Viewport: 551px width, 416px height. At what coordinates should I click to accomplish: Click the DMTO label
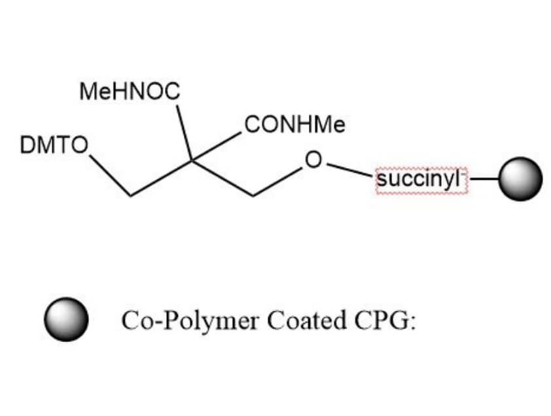[x=54, y=145]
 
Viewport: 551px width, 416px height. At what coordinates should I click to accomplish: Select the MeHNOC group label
[x=130, y=92]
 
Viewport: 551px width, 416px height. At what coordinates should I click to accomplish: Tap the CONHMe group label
[x=295, y=124]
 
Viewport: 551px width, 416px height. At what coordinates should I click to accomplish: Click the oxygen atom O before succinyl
[x=313, y=160]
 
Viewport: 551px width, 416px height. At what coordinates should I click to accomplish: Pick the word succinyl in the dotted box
[x=418, y=179]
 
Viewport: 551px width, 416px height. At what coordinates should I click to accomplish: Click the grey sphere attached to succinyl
[x=520, y=179]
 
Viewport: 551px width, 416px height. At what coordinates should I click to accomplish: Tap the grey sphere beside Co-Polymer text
[x=66, y=319]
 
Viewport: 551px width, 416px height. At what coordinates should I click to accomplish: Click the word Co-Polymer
[x=190, y=321]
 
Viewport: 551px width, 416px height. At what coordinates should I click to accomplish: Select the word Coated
[x=306, y=320]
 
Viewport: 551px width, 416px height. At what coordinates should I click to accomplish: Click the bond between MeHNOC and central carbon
[x=184, y=133]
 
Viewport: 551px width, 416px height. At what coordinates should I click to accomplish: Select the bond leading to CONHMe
[x=217, y=147]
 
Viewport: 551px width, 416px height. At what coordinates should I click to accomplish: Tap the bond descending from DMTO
[x=110, y=175]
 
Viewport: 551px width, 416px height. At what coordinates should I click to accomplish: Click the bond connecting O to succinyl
[x=349, y=169]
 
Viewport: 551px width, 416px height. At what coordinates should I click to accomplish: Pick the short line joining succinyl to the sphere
[x=484, y=179]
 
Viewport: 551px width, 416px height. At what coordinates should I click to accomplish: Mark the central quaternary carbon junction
[x=192, y=160]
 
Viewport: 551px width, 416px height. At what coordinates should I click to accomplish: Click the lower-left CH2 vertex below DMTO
[x=130, y=196]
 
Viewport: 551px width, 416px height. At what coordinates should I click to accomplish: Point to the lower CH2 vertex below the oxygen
[x=253, y=196]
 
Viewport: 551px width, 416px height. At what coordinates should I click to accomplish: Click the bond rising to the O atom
[x=277, y=181]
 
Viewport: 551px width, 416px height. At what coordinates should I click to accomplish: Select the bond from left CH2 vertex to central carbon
[x=161, y=178]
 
